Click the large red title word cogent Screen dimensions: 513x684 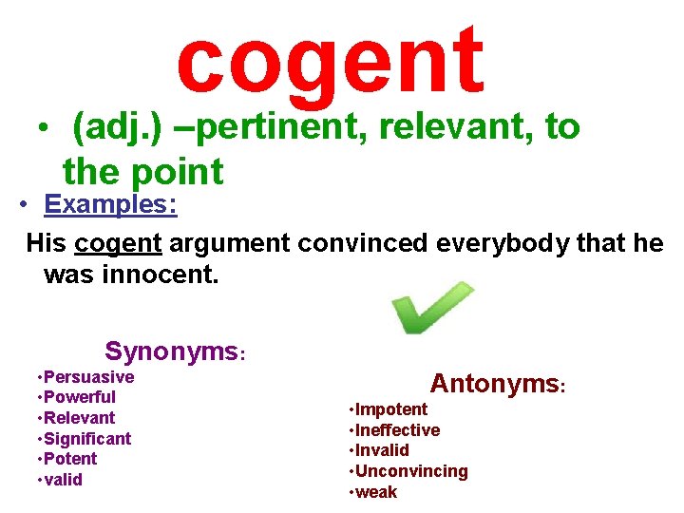[330, 61]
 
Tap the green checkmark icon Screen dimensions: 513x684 [432, 308]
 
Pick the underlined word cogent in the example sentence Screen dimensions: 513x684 [118, 243]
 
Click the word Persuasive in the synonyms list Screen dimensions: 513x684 [88, 377]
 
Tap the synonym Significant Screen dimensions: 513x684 [87, 438]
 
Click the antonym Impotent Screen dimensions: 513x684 [391, 409]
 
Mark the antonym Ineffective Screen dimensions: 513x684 [397, 430]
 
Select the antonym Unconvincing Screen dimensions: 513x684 [411, 471]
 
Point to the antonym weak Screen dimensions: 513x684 [376, 492]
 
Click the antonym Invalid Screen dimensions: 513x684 [382, 450]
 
